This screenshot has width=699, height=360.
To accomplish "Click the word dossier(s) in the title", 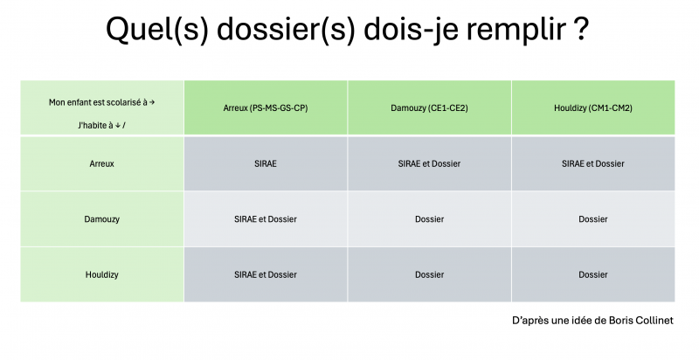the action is (287, 29).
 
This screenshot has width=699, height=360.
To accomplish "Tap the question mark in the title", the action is (580, 29).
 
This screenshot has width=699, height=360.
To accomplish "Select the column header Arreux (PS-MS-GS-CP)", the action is (266, 107).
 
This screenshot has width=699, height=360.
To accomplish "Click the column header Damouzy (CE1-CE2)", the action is (429, 107).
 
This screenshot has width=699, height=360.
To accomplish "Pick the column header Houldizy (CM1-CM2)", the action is (593, 107).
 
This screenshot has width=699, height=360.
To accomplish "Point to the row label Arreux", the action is (101, 163).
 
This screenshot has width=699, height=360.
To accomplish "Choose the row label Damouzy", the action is (101, 219).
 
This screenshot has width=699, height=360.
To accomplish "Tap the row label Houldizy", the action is (101, 275).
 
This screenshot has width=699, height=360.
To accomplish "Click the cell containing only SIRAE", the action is (266, 163).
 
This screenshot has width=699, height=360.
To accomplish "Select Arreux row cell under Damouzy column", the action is (429, 163).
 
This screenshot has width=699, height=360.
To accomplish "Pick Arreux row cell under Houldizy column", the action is (593, 163).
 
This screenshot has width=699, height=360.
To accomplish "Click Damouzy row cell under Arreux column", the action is (266, 219).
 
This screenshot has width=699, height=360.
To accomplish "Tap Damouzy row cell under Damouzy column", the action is (429, 219).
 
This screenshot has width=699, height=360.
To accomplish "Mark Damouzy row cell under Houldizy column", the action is (593, 219).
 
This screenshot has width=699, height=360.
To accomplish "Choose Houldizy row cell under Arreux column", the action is (266, 275).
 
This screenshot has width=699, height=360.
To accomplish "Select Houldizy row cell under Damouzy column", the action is (429, 275).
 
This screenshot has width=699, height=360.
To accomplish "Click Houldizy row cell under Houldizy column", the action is (593, 275).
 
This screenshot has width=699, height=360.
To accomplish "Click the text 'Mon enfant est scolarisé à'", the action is (98, 102).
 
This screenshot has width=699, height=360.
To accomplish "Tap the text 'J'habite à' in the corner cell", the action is (95, 126).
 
